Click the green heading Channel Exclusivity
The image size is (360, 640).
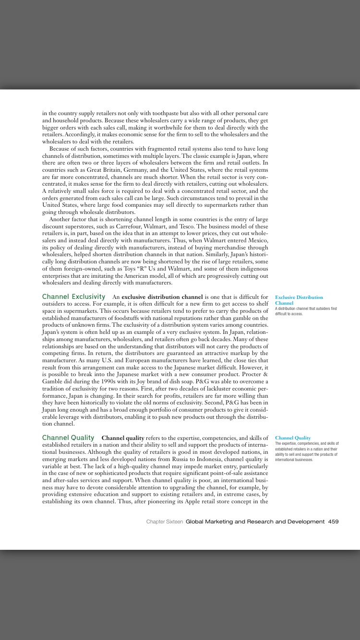(73, 297)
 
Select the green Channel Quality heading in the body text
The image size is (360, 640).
(68, 438)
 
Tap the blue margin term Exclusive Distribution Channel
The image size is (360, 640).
(299, 300)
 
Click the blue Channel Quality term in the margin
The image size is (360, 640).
(293, 438)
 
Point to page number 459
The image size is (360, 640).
(334, 521)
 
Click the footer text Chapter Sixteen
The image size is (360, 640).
(164, 521)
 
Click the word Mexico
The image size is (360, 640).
(258, 240)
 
